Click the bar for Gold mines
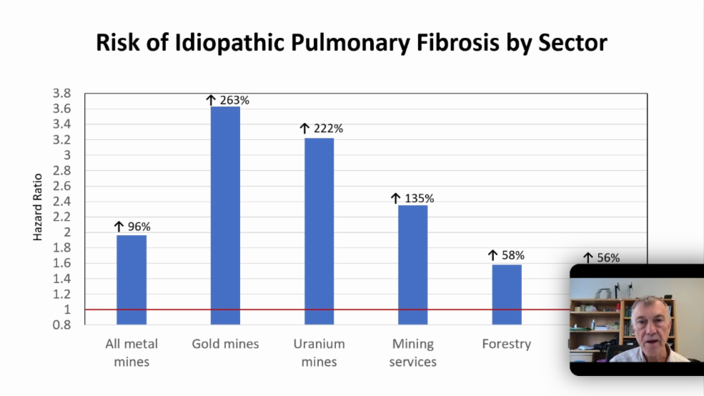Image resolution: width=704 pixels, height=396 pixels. pyautogui.click(x=225, y=214)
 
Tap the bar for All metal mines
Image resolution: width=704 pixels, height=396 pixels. pyautogui.click(x=132, y=279)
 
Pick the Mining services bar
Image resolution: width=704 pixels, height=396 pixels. pyautogui.click(x=412, y=264)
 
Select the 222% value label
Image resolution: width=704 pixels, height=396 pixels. pyautogui.click(x=322, y=129)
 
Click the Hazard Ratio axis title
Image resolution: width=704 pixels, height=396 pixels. pyautogui.click(x=38, y=207)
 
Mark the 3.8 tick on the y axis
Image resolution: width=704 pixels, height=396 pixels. pyautogui.click(x=61, y=94)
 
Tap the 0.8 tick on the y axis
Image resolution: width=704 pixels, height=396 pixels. pyautogui.click(x=61, y=325)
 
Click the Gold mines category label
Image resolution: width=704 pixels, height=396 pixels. pyautogui.click(x=225, y=344)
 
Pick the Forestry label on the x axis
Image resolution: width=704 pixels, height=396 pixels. pyautogui.click(x=506, y=344)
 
